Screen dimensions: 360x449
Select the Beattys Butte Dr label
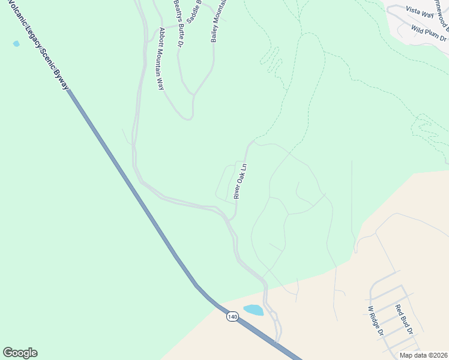click(178, 24)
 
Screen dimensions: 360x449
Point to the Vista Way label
click(419, 11)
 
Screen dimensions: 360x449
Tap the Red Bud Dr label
click(404, 320)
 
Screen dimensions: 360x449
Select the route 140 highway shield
click(232, 316)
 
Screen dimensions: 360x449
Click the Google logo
click(20, 353)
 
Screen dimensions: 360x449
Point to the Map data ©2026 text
click(423, 355)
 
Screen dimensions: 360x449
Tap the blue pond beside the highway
click(253, 310)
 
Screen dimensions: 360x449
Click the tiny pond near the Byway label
click(16, 44)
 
